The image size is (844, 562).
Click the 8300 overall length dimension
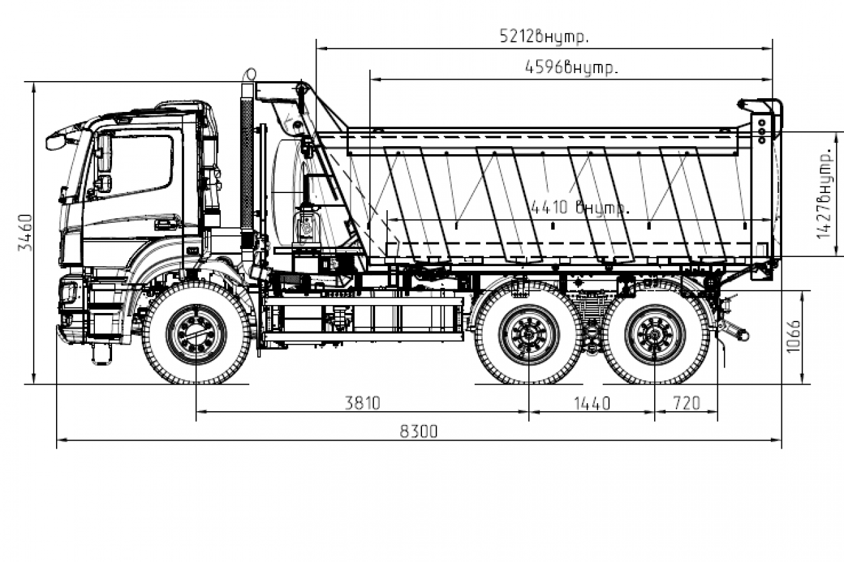(x=419, y=432)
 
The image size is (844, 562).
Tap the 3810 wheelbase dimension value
(x=363, y=403)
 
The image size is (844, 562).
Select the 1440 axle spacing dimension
(x=591, y=403)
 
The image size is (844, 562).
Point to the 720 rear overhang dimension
(x=686, y=403)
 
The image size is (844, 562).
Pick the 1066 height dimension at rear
(x=793, y=336)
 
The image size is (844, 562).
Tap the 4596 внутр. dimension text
(x=572, y=67)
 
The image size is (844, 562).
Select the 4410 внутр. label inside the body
(x=580, y=208)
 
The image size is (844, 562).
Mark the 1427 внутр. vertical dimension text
(x=824, y=192)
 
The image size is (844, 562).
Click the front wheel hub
(x=196, y=334)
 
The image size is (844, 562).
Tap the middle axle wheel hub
(x=529, y=334)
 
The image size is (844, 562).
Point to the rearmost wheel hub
(x=655, y=334)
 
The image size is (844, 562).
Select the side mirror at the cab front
(x=57, y=140)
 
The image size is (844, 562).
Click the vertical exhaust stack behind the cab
(x=247, y=158)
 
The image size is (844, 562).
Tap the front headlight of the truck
(x=69, y=291)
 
